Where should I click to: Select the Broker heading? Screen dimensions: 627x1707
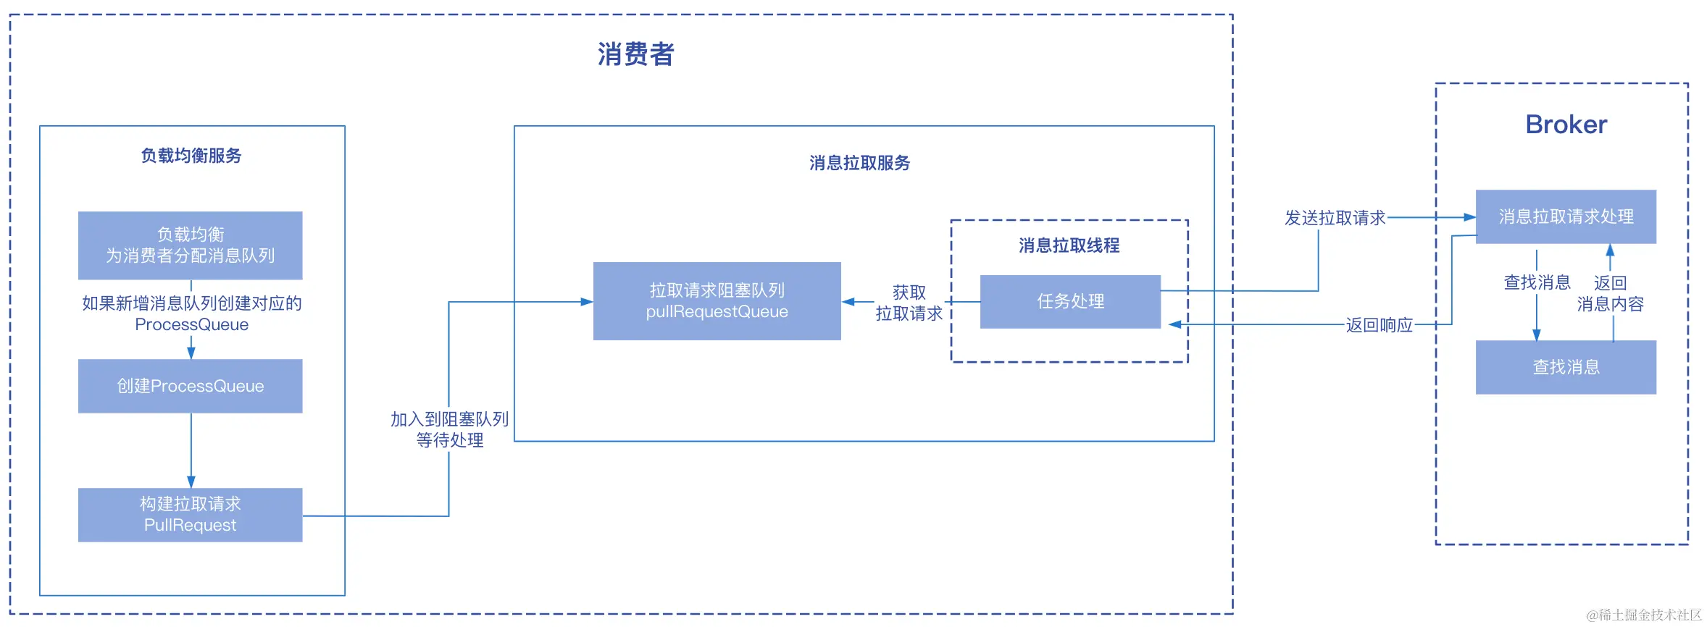pos(1566,125)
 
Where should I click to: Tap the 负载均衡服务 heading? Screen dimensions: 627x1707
pos(191,156)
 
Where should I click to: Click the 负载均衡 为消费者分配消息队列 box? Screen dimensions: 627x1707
pos(191,245)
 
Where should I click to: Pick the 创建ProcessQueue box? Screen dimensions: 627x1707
pos(191,386)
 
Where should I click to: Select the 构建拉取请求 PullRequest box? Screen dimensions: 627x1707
pos(191,515)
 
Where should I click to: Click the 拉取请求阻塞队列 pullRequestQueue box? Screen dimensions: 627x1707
pos(717,301)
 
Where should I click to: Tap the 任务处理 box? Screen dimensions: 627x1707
pos(1070,301)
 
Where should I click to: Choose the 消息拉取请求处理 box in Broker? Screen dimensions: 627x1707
pos(1566,216)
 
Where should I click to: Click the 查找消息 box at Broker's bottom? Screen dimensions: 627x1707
pos(1566,367)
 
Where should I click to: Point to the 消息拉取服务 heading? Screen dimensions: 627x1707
pos(860,163)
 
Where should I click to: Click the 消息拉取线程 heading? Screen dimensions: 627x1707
pos(1069,245)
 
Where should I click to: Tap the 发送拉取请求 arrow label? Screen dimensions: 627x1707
pos(1335,218)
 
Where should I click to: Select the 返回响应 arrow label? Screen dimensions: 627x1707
pos(1380,325)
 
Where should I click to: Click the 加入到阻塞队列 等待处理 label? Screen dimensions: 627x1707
pos(449,429)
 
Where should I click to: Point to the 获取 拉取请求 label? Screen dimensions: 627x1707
pos(909,303)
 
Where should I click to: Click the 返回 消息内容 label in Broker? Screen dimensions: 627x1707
pos(1610,293)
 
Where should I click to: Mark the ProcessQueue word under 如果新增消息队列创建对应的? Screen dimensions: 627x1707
pos(191,324)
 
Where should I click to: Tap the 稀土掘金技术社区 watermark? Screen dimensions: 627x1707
pos(1644,615)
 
